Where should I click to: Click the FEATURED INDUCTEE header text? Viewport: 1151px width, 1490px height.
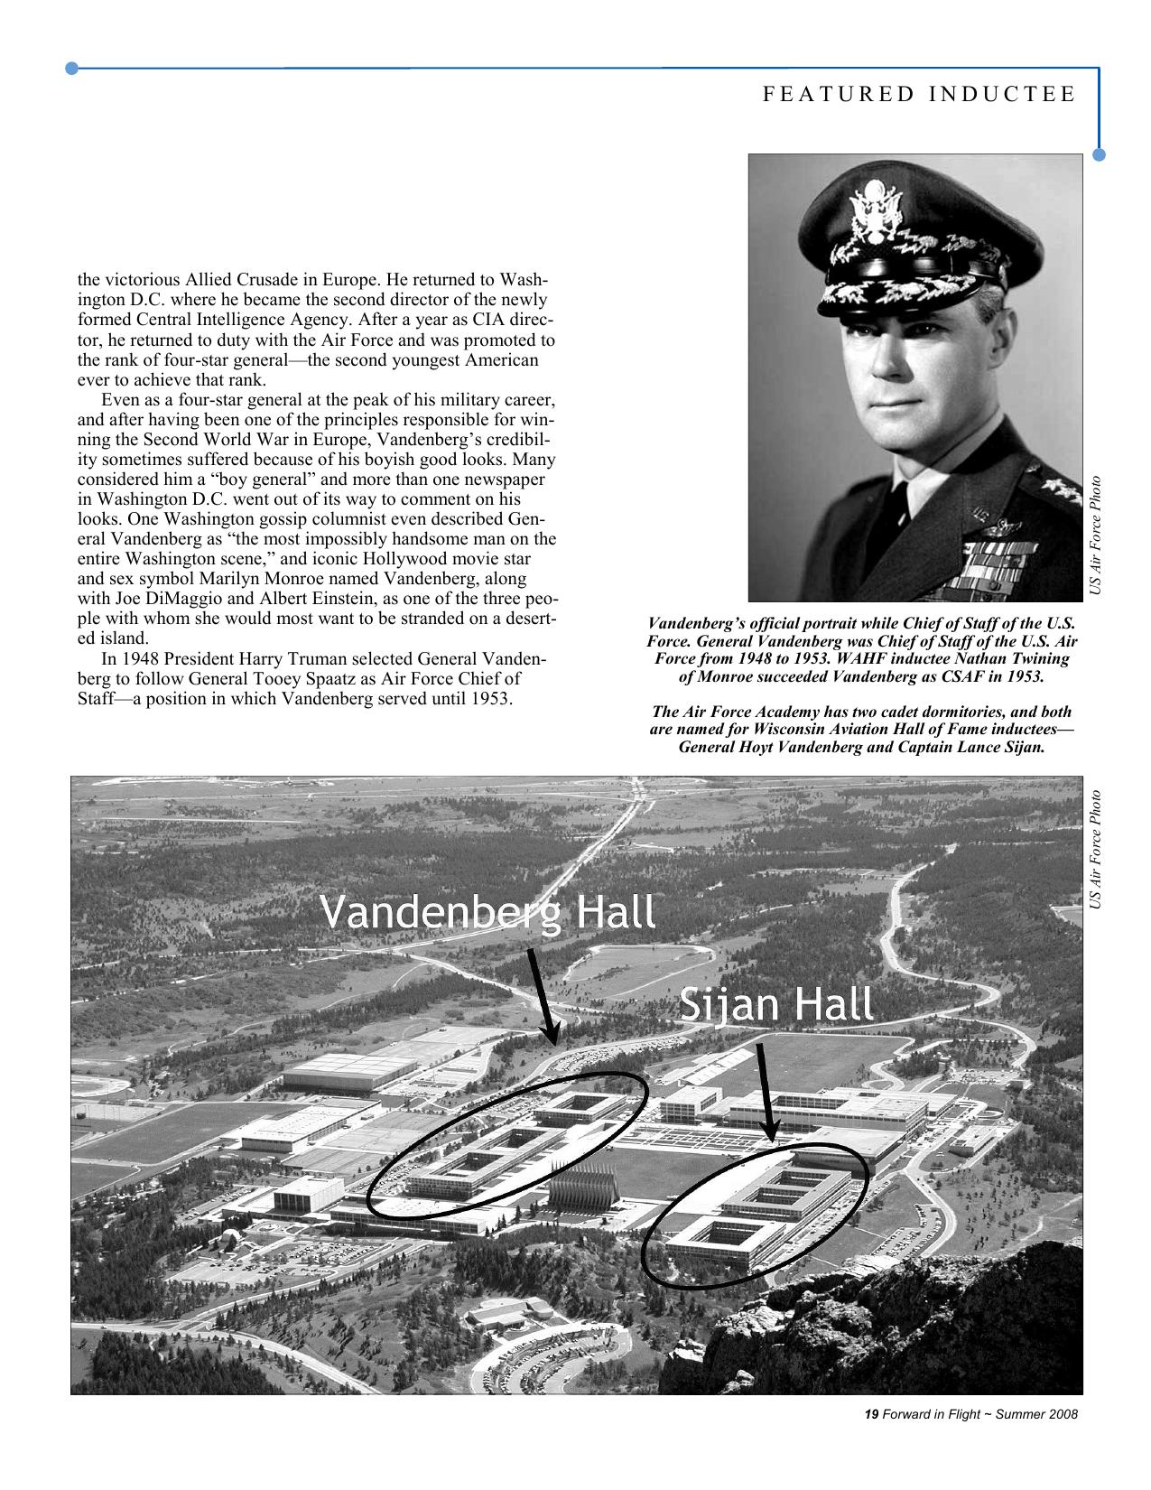[x=919, y=95]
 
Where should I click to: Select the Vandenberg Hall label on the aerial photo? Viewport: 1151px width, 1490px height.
[x=487, y=913]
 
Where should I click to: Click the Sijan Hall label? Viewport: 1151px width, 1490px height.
[x=775, y=1004]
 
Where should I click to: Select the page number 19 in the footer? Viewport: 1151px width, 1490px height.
[x=871, y=1415]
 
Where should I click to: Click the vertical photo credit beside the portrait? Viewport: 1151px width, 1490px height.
[x=1095, y=535]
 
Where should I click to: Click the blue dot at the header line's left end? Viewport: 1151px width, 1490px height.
[x=73, y=68]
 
